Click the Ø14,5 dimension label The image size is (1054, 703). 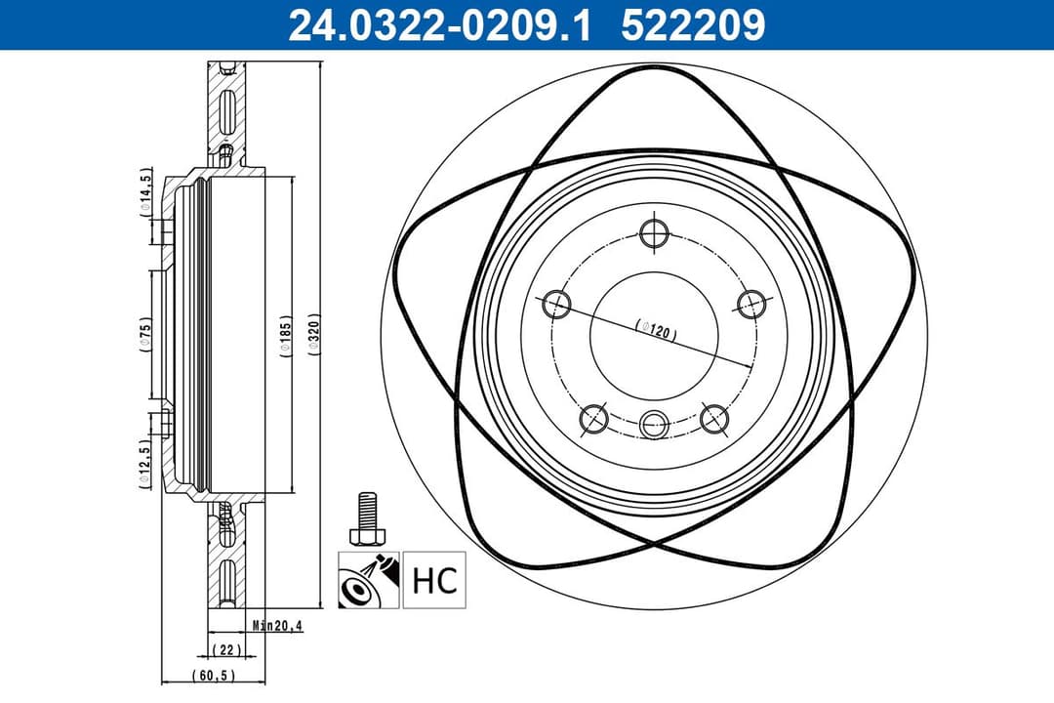point(145,191)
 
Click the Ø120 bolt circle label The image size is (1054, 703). point(656,329)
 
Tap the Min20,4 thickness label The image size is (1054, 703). point(276,626)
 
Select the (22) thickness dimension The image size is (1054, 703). point(224,649)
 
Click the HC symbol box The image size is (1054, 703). point(434,581)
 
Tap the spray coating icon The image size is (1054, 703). point(368,581)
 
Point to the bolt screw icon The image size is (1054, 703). point(367,521)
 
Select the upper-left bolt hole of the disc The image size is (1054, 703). point(557,304)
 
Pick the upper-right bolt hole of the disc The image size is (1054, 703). point(750,303)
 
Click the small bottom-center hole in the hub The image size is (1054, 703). point(654,424)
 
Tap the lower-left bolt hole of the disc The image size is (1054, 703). point(593,419)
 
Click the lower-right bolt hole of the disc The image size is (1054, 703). point(714,419)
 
